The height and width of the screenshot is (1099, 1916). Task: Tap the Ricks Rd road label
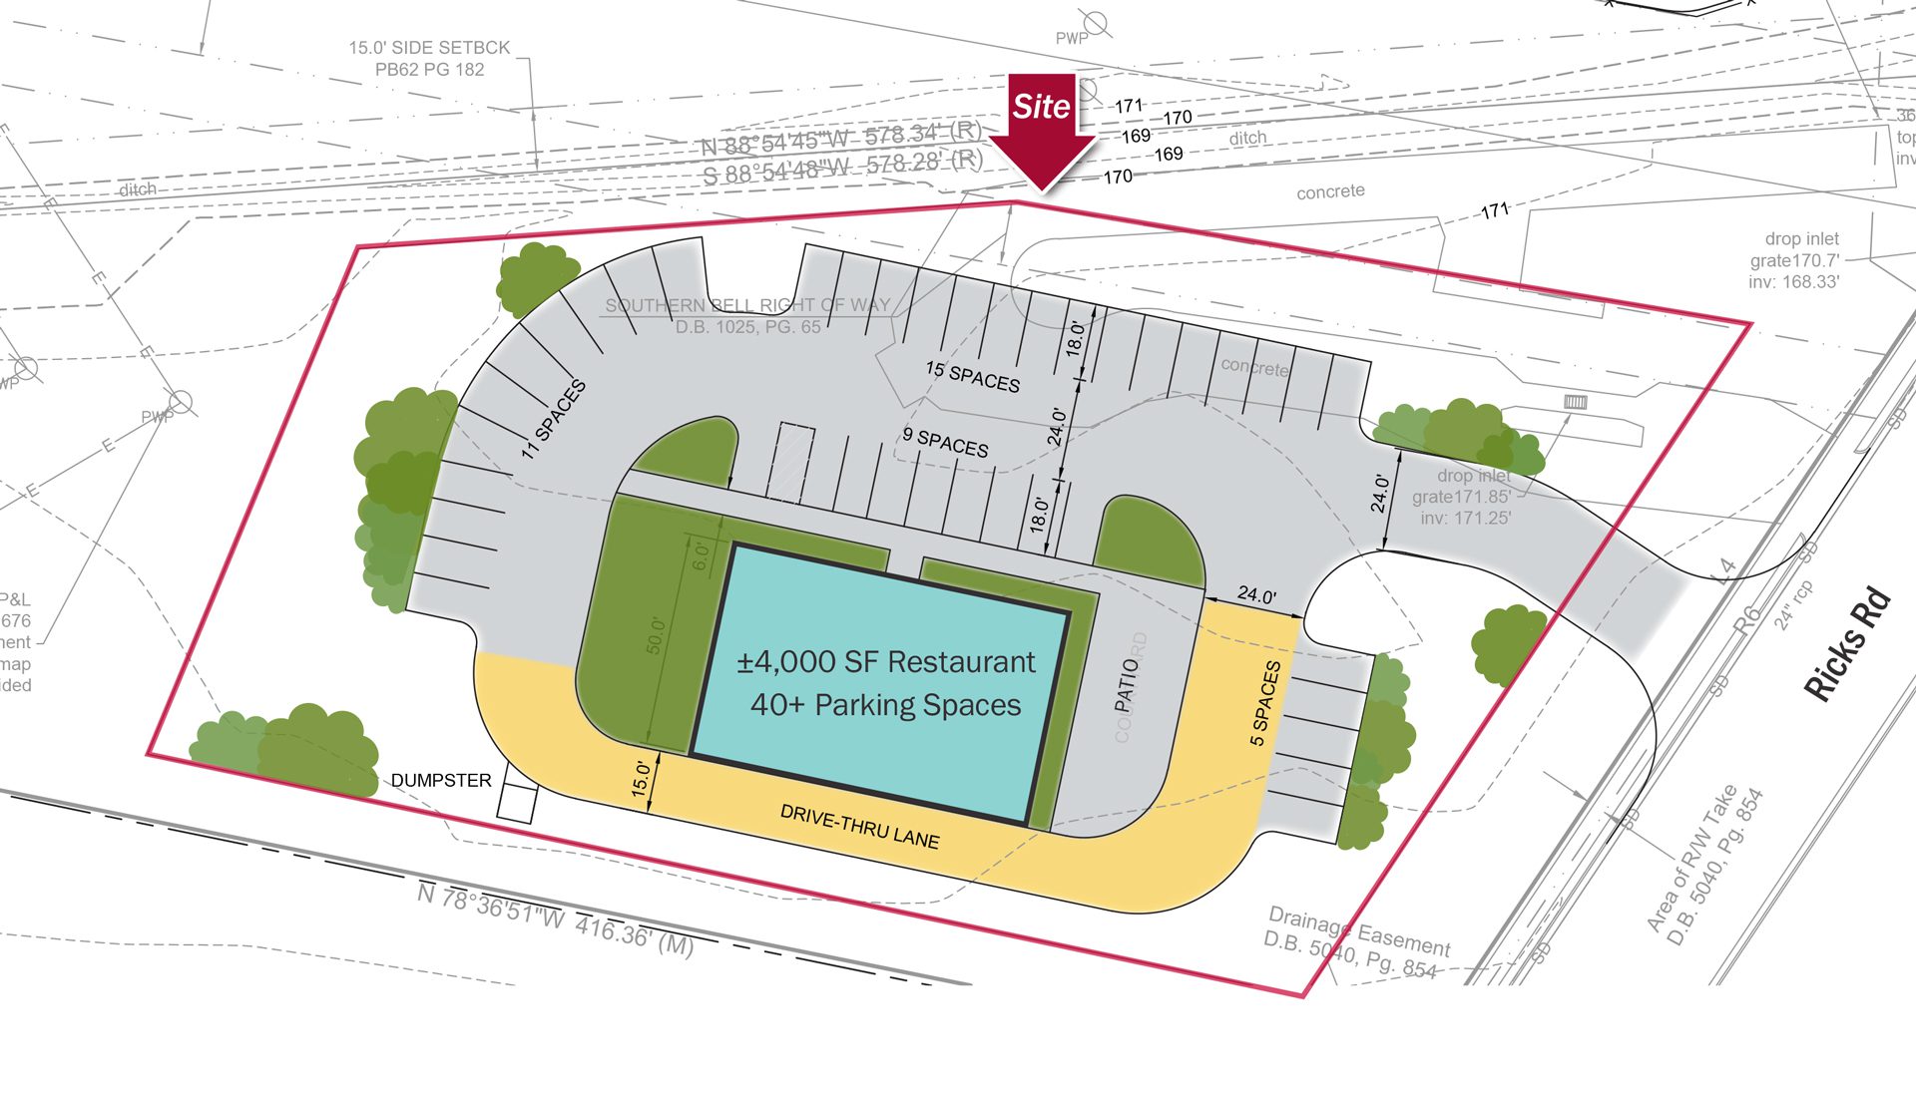1848,644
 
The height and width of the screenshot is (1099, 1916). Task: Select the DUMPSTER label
441,781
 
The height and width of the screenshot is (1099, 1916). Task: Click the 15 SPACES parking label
973,376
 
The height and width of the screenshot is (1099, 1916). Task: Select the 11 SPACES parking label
554,419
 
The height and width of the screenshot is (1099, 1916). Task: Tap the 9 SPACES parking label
945,442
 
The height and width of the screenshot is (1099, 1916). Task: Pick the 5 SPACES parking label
1264,703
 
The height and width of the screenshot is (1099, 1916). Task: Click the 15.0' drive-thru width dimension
642,778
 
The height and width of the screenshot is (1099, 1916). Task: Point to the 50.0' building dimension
655,635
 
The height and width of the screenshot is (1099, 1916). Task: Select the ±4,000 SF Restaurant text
886,662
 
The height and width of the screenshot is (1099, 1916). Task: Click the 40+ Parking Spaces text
886,705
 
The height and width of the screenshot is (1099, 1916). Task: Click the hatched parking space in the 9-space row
790,462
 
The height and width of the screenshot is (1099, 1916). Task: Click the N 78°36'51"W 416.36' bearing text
555,919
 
